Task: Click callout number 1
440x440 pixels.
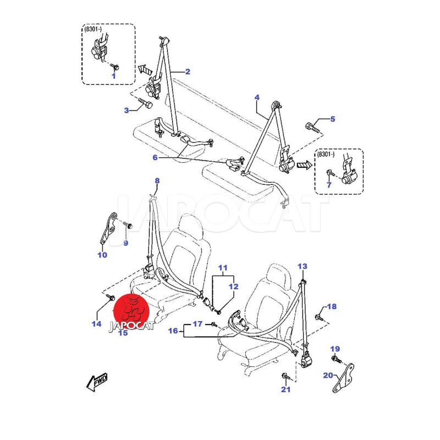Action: point(114,76)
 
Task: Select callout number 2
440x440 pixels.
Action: point(188,71)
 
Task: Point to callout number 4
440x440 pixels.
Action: point(257,97)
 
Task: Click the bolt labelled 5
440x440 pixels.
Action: point(312,128)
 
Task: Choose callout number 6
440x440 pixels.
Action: point(155,157)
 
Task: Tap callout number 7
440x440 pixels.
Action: point(329,185)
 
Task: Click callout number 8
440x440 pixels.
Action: point(157,181)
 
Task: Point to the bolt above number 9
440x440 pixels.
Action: point(128,226)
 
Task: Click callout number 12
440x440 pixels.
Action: point(233,287)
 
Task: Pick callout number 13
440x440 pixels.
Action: point(302,266)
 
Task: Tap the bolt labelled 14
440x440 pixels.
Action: point(109,297)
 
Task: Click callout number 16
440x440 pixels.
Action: point(173,331)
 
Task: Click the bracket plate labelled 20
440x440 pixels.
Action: point(343,378)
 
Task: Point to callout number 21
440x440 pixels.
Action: point(285,389)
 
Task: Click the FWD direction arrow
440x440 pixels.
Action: point(97,382)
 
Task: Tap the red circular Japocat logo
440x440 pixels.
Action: point(132,311)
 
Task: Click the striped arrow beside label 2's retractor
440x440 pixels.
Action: point(145,69)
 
